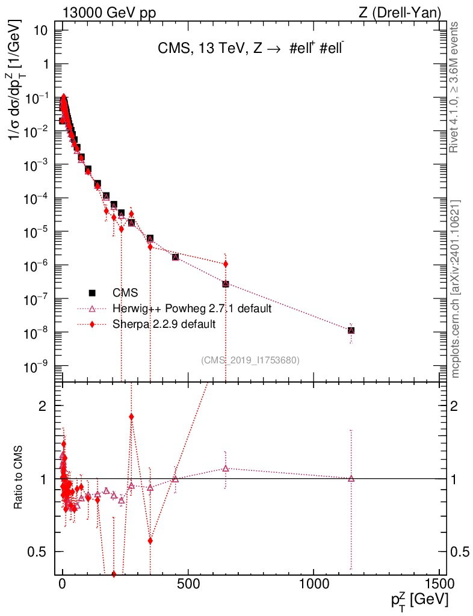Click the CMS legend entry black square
click(x=93, y=293)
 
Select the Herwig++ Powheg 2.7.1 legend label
click(x=192, y=309)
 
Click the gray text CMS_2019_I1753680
click(x=250, y=360)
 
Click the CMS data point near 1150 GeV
click(x=351, y=330)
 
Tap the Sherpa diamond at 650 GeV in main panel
click(x=226, y=264)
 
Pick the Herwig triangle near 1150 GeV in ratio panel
click(x=351, y=479)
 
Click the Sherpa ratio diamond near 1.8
click(x=131, y=416)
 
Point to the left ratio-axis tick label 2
click(x=42, y=406)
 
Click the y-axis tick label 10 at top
click(x=40, y=31)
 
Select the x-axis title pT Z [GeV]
click(x=419, y=600)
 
